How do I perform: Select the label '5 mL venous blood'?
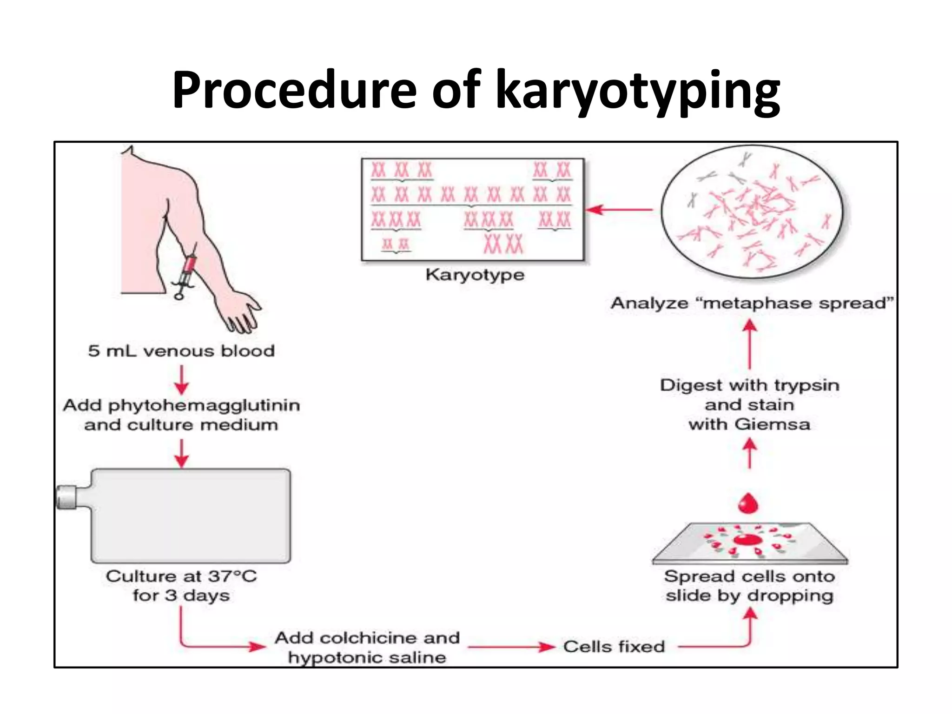pos(181,351)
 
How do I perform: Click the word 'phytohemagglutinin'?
pos(204,406)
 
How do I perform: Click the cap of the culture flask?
pos(66,497)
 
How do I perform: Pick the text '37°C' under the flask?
pos(232,577)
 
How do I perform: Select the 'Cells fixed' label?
pos(614,647)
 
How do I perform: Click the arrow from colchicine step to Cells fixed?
pos(511,647)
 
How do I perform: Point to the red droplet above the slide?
pos(748,503)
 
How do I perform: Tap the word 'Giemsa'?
pos(773,424)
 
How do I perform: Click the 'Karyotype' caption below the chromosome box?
pos(475,275)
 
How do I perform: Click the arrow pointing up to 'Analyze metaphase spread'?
pos(749,344)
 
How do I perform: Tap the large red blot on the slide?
pos(747,540)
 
